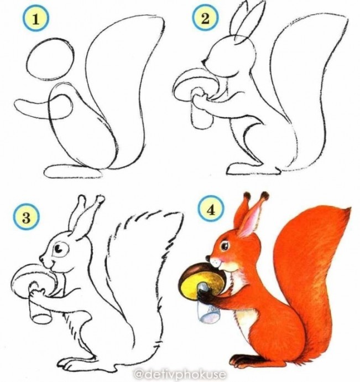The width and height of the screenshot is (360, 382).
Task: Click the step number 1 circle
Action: tap(36, 19)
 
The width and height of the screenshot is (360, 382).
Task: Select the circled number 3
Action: tap(26, 218)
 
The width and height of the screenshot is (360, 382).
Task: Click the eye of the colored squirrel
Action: tap(225, 246)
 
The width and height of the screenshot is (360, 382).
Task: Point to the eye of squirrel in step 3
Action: tap(59, 249)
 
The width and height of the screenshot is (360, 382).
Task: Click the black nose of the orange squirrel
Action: tap(207, 257)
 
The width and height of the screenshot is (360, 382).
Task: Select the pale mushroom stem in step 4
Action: tap(209, 309)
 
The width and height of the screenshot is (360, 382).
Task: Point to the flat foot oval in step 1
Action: tap(73, 171)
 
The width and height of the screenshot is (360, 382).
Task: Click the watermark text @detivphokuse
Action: tap(180, 374)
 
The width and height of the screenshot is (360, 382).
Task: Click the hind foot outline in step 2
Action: tap(253, 170)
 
